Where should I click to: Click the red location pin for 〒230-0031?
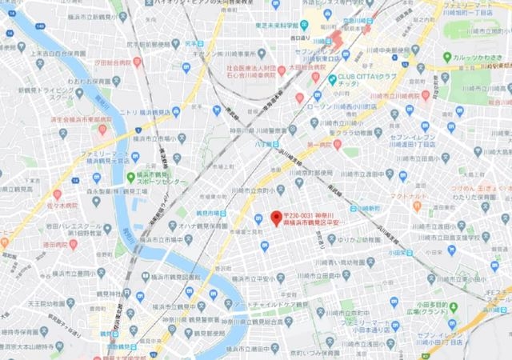click(276, 217)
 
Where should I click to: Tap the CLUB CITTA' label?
click(370, 81)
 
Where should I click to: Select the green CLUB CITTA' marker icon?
click(332, 80)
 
